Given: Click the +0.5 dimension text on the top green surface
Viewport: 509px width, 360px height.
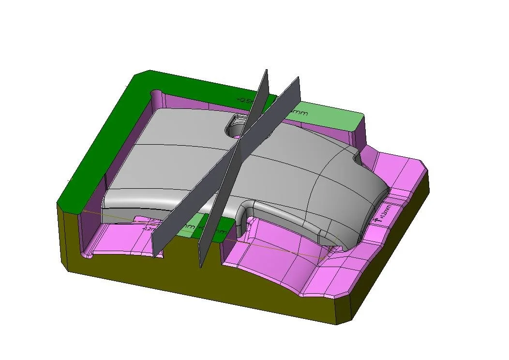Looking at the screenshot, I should pyautogui.click(x=244, y=101).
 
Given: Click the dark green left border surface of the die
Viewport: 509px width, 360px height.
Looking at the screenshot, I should pyautogui.click(x=97, y=145).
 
